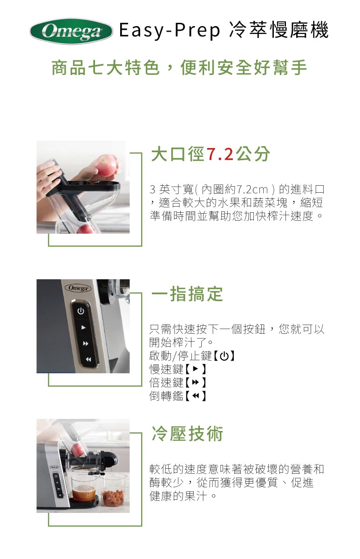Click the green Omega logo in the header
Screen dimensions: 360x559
[x=71, y=32]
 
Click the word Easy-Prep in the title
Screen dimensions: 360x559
[x=170, y=30]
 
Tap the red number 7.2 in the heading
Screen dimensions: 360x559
[x=220, y=154]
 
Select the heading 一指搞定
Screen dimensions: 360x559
[x=187, y=294]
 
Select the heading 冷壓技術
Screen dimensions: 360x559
[x=187, y=433]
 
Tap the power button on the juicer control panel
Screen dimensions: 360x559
[x=81, y=311]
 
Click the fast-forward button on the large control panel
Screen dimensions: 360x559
[x=86, y=343]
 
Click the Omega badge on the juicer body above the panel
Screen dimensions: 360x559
[x=78, y=288]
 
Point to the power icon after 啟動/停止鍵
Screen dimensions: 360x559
[x=224, y=356]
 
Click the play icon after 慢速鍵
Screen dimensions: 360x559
[x=195, y=369]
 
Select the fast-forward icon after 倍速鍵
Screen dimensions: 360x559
[x=196, y=382]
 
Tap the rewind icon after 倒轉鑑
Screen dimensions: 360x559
[x=196, y=396]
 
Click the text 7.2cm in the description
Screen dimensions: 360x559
[x=252, y=190]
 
